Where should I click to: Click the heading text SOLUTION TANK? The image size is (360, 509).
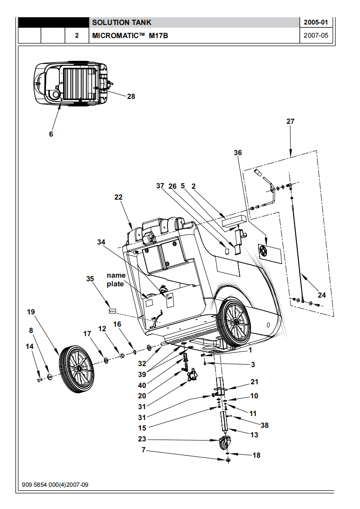[x=122, y=22]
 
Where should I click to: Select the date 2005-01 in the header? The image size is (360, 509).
[x=316, y=22]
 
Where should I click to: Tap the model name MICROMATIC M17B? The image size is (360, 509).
[x=130, y=35]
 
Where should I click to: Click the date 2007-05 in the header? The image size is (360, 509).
[x=316, y=35]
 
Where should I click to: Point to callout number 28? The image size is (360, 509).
[x=131, y=97]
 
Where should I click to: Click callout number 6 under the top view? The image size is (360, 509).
[x=51, y=134]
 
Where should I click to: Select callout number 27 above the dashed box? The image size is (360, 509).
[x=291, y=122]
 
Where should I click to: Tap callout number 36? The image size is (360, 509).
[x=238, y=152]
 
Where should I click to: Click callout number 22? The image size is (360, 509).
[x=118, y=197]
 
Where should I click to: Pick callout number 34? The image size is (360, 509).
[x=101, y=242]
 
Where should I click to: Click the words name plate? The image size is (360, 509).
[x=116, y=279]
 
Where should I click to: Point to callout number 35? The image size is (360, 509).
[x=90, y=279]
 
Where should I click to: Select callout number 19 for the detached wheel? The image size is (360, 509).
[x=31, y=312]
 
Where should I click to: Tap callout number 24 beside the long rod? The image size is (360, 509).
[x=322, y=295]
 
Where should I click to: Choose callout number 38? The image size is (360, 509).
[x=265, y=425]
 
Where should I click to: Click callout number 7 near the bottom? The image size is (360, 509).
[x=143, y=450]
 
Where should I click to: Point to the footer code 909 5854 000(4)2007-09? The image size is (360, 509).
[x=55, y=485]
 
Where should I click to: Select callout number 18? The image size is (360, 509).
[x=256, y=455]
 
